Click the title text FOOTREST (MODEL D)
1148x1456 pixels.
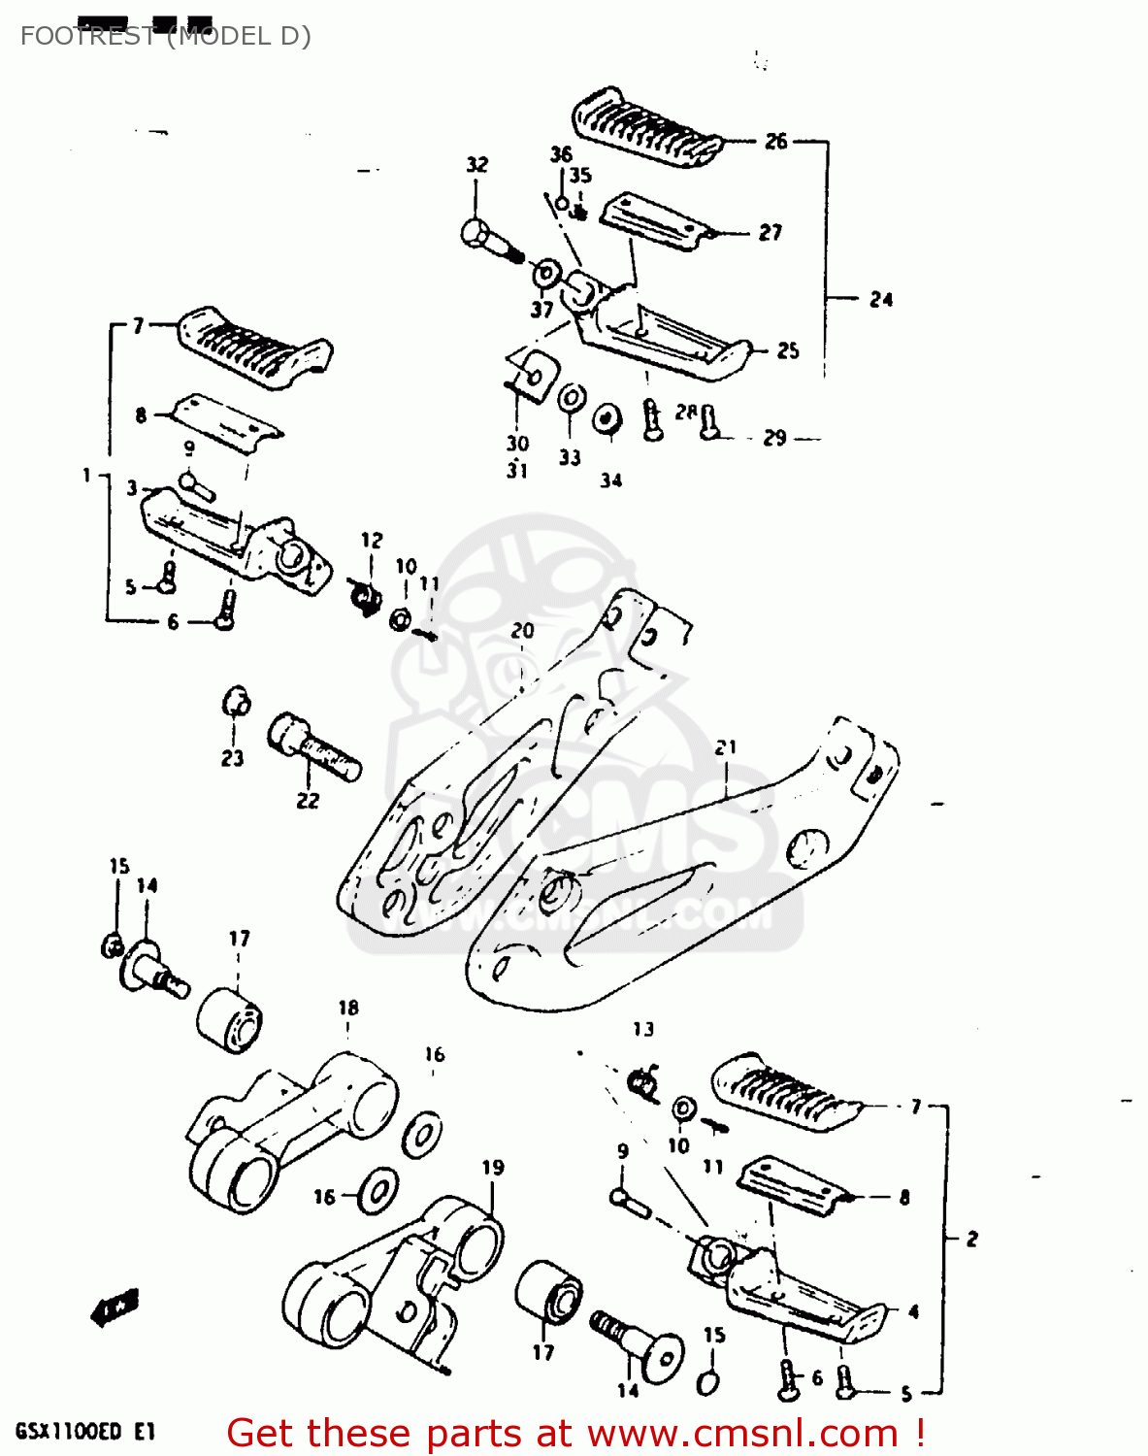(x=165, y=36)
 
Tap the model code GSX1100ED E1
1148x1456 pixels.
(x=84, y=1431)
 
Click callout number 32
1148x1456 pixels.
(x=476, y=165)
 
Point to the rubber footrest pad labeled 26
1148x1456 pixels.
(x=645, y=127)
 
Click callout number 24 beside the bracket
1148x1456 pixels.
(x=880, y=300)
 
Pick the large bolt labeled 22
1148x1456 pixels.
(x=312, y=745)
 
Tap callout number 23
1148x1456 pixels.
(x=232, y=758)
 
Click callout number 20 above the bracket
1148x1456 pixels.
(x=522, y=631)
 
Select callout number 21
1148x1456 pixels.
(x=726, y=747)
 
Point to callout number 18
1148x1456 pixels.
(x=348, y=1009)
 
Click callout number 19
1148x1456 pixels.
(x=493, y=1168)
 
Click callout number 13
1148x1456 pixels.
(x=643, y=1029)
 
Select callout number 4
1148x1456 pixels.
(x=913, y=1311)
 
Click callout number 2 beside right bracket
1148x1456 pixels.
(x=971, y=1239)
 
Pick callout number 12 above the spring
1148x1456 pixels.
(x=372, y=540)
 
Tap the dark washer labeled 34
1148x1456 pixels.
(x=607, y=418)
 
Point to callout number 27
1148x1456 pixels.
(x=770, y=232)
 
